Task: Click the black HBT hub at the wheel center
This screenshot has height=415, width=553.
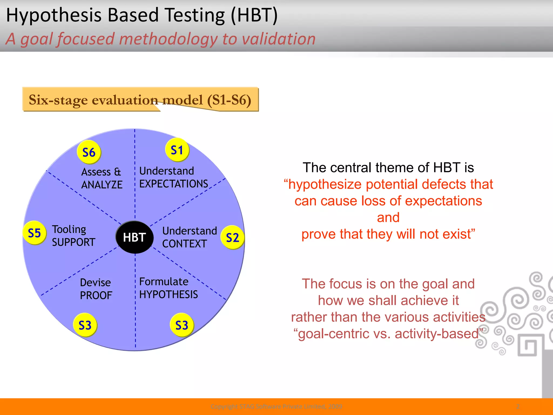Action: coord(134,237)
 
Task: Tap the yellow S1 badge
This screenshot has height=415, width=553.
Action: coord(177,150)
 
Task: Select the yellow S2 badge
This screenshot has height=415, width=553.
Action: coord(232,237)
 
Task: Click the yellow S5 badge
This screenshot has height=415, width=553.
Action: coord(34,233)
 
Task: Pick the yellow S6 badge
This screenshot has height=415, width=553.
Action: coord(89,152)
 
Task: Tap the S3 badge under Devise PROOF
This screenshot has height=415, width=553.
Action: coord(85,325)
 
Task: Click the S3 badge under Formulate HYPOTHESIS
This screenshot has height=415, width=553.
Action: coord(181,325)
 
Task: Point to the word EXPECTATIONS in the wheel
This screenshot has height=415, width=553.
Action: coord(173,184)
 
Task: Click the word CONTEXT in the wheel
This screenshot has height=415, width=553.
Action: coord(184,244)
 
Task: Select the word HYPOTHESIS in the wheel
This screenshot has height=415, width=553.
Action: coord(168,294)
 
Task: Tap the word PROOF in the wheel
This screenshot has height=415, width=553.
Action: coord(96,295)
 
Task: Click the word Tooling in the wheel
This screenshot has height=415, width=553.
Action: coord(69,229)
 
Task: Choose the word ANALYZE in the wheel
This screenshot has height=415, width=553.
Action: coord(102,185)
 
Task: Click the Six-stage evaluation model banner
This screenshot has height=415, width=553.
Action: coord(140,99)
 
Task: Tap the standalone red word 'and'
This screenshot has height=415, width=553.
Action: coord(388,217)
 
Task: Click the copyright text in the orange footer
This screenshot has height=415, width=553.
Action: coord(276,406)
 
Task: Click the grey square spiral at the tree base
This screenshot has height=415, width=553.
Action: coord(527,346)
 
